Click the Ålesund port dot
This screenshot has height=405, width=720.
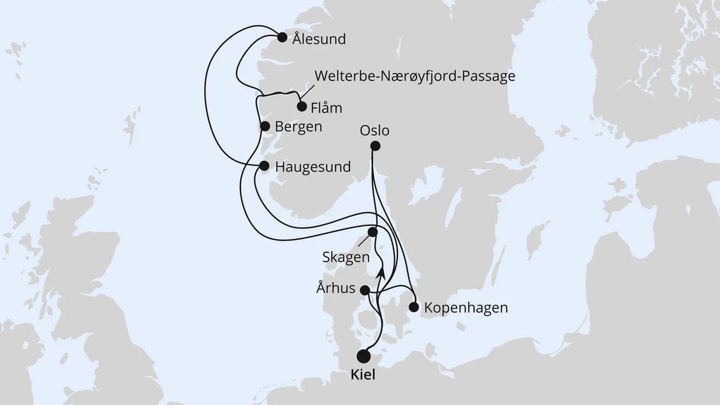tap(282, 37)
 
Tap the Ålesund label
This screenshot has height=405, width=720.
tap(319, 40)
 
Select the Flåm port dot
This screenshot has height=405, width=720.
tap(302, 106)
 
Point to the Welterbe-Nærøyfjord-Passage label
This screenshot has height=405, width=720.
tap(415, 77)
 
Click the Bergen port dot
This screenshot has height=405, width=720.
tap(265, 126)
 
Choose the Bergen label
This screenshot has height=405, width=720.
tap(298, 127)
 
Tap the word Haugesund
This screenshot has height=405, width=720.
tap(313, 167)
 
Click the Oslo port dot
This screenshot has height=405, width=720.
tap(375, 146)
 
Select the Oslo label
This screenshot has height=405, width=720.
tap(374, 131)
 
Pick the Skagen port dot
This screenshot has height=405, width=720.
tap(372, 232)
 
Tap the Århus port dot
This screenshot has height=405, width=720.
tap(365, 290)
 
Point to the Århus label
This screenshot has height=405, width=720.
tap(335, 288)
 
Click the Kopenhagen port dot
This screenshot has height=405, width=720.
tap(413, 307)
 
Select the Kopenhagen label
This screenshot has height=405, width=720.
tap(466, 308)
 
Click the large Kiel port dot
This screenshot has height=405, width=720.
tap(364, 356)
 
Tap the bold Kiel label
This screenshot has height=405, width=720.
tap(363, 376)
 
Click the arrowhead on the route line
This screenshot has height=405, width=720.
tap(381, 272)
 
